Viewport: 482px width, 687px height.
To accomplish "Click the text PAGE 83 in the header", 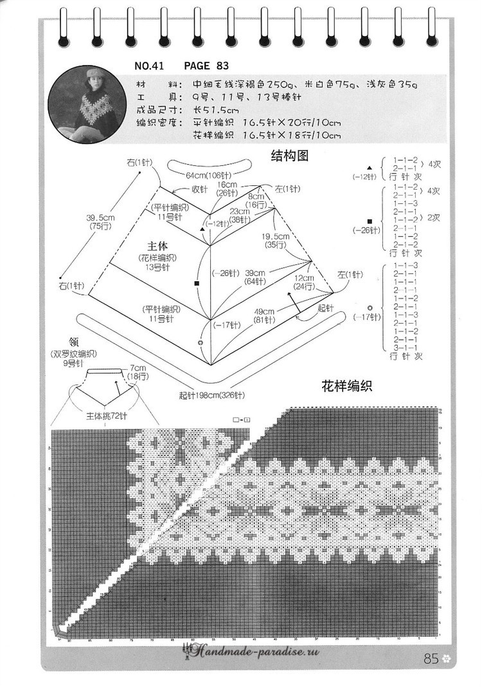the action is [x=206, y=66].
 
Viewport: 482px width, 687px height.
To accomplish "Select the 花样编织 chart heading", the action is [x=347, y=386].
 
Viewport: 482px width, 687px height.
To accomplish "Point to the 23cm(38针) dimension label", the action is [x=240, y=215].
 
